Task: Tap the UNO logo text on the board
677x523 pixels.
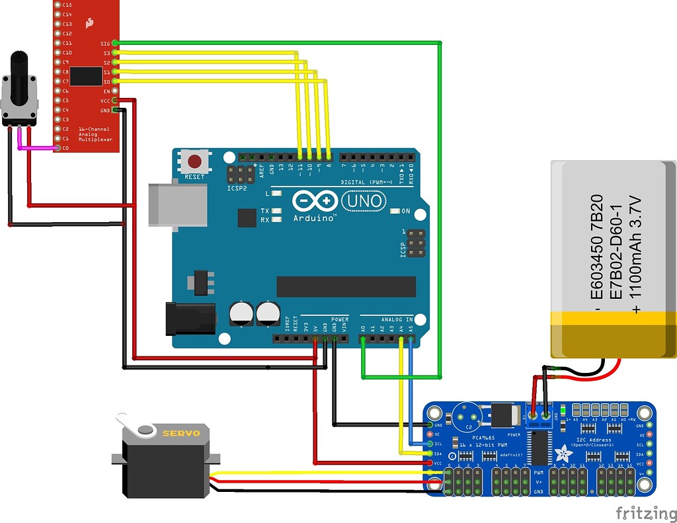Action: click(362, 200)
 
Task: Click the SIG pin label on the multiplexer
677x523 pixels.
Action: click(106, 43)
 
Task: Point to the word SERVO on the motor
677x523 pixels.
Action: click(180, 433)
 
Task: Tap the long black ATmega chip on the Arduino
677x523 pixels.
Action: click(346, 286)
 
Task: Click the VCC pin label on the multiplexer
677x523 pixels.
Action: click(106, 100)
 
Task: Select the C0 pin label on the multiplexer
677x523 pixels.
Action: click(65, 148)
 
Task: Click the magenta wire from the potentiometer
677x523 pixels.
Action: click(33, 148)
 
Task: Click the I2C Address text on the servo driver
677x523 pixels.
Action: click(594, 439)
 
